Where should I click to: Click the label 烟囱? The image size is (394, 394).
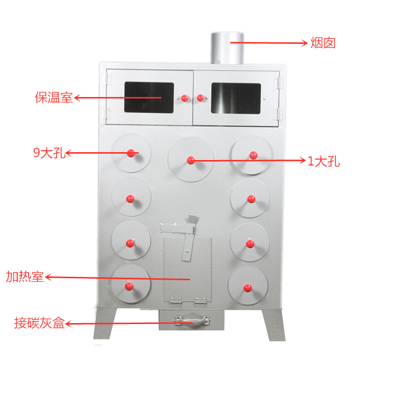pos(323,43)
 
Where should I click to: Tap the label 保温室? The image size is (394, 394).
pos(54,98)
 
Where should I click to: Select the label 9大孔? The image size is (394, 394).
pos(49,153)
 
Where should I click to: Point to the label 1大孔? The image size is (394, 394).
pos(324,161)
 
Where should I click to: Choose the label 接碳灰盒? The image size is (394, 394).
pos(39,324)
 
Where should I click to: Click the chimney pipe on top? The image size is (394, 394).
pos(227,48)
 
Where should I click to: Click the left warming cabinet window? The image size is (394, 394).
pos(149,98)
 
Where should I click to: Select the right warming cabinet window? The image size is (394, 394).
pos(236,98)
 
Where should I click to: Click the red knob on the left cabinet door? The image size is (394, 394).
pos(185,98)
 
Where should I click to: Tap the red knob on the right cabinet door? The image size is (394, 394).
pos(200,98)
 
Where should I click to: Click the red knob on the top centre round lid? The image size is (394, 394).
pos(191,160)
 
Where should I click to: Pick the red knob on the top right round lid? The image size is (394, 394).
pos(253,155)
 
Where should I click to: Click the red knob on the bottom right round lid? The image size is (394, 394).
pos(247,287)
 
